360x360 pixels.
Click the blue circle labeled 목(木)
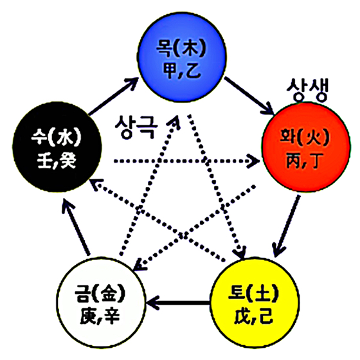click(x=181, y=57)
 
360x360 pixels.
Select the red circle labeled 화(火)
click(x=306, y=147)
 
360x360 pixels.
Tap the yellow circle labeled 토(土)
click(x=255, y=303)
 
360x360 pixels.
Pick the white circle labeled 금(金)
click(x=101, y=303)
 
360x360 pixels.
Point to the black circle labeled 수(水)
click(x=57, y=147)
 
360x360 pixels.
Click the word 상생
click(x=307, y=89)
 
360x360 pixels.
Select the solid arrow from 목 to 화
click(x=249, y=96)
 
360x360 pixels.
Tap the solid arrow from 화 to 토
click(x=286, y=226)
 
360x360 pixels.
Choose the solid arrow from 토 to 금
click(x=178, y=303)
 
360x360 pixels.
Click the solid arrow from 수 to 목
click(x=113, y=96)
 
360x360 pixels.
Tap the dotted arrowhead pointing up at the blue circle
click(x=174, y=121)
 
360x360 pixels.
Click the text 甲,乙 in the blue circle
click(x=182, y=70)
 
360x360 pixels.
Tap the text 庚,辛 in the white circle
click(x=100, y=316)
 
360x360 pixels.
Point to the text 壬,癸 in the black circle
click(x=57, y=161)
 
